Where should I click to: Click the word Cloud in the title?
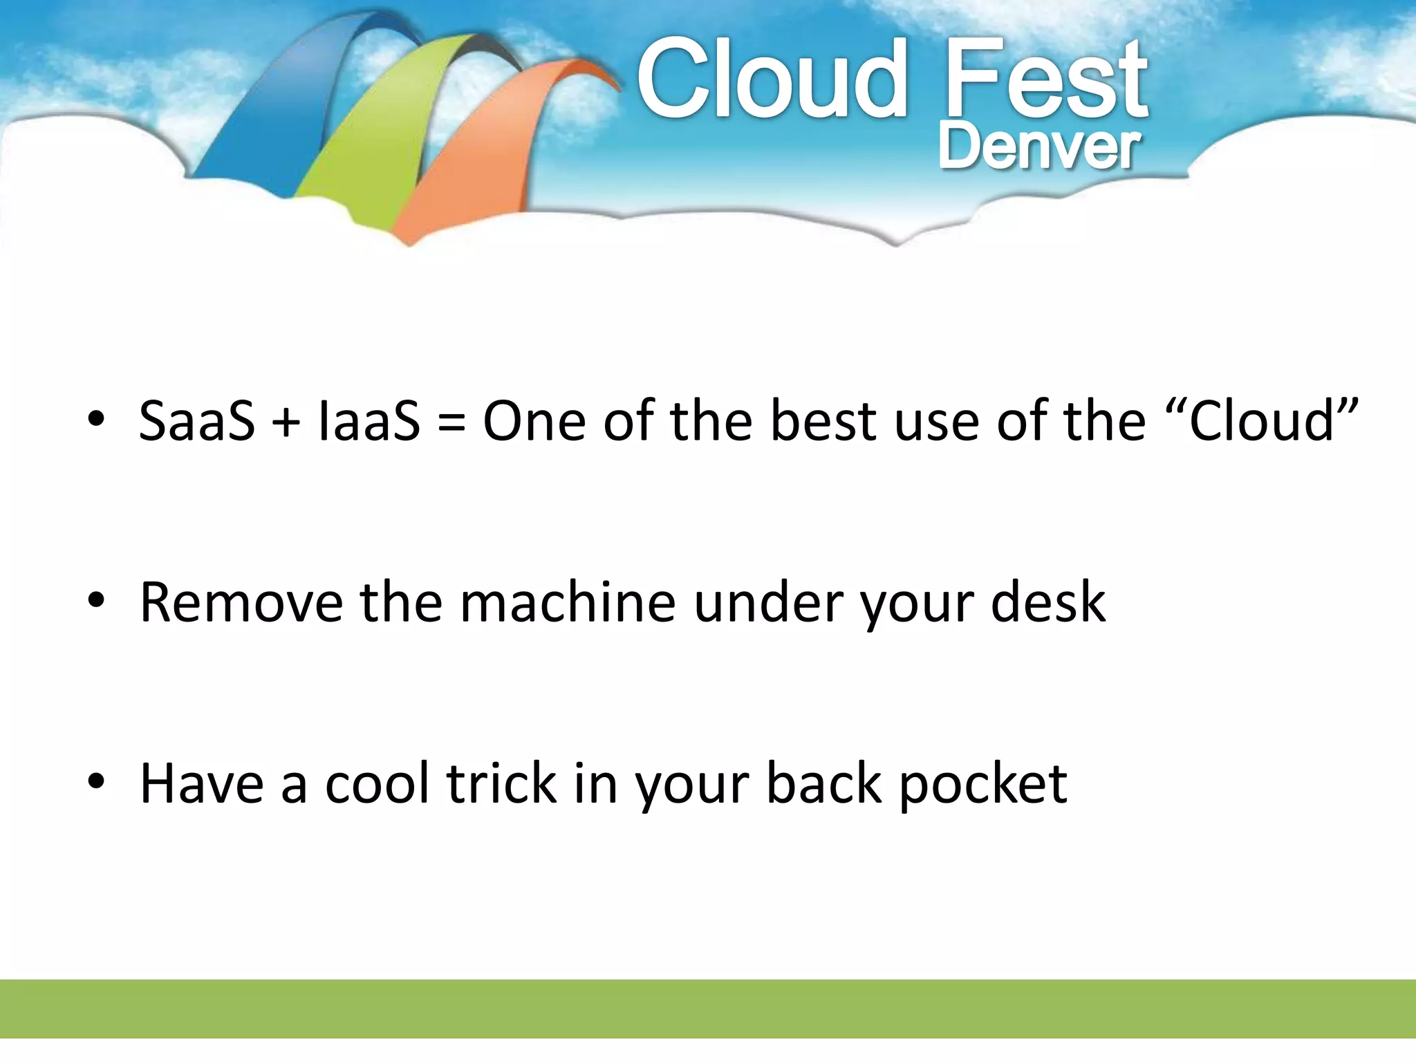tap(771, 80)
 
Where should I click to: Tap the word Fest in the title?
tap(1045, 80)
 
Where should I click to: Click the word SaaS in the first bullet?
tap(196, 421)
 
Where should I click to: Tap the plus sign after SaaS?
tap(286, 422)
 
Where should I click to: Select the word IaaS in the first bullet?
tap(369, 421)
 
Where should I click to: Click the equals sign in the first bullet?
tap(451, 422)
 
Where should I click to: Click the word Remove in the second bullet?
tap(241, 603)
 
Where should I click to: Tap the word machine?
tap(567, 603)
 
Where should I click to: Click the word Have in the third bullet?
tap(202, 784)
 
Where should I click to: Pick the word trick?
tap(502, 784)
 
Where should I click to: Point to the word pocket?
tap(982, 785)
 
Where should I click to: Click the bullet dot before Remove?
tap(96, 601)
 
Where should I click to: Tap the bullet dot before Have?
tap(96, 782)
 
